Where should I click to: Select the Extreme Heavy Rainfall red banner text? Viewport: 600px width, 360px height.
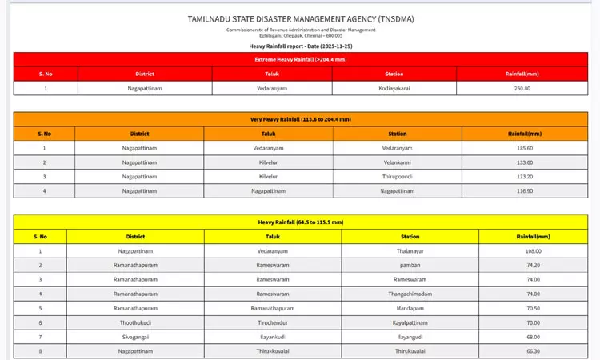click(x=300, y=59)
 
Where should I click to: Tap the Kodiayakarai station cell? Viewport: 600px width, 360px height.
click(x=394, y=88)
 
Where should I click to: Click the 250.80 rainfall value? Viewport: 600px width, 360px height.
click(x=523, y=88)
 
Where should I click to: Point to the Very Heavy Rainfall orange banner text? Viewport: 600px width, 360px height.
click(x=300, y=119)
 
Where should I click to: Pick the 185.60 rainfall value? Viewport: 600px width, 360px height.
click(x=525, y=148)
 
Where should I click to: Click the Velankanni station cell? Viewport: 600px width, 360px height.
click(x=397, y=162)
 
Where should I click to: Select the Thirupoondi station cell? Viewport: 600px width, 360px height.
click(x=397, y=177)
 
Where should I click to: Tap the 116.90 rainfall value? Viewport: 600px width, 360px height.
click(x=525, y=191)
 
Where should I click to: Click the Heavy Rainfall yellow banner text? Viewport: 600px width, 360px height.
click(x=300, y=222)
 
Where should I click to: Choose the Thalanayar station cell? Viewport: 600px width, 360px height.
click(x=410, y=251)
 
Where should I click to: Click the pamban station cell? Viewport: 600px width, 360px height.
click(x=410, y=265)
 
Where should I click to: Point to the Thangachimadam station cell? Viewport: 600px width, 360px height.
click(x=410, y=294)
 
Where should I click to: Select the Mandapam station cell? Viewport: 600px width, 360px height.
click(x=410, y=308)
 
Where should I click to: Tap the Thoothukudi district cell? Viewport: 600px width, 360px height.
click(x=134, y=322)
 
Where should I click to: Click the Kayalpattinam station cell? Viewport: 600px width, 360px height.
click(x=410, y=322)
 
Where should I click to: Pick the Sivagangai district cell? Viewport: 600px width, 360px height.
click(x=134, y=337)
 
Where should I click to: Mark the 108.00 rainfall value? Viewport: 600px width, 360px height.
click(x=533, y=251)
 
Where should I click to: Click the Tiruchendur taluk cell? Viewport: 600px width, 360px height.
click(x=272, y=322)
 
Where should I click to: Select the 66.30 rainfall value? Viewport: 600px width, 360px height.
click(x=533, y=351)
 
